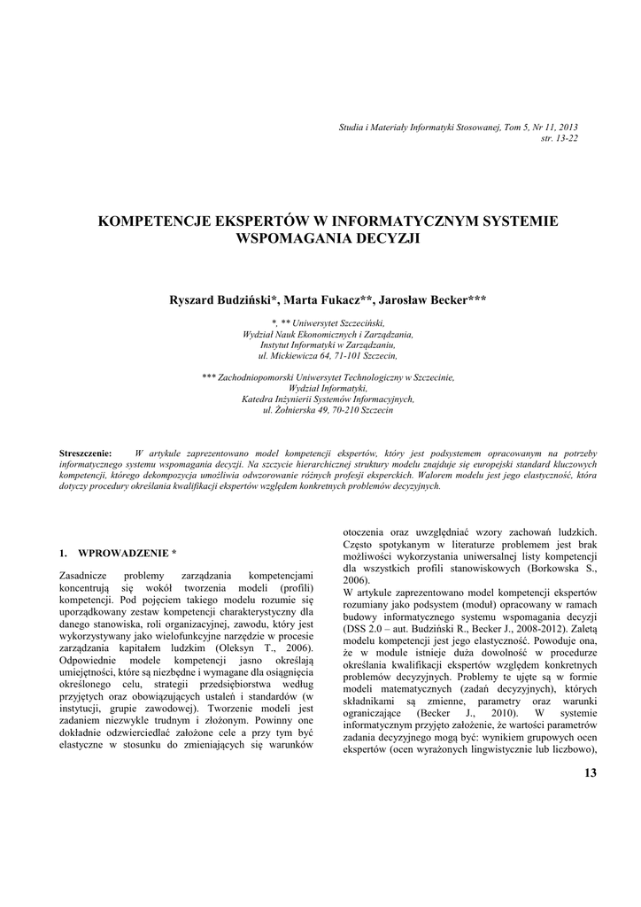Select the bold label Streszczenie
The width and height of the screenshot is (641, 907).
pos(85,453)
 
